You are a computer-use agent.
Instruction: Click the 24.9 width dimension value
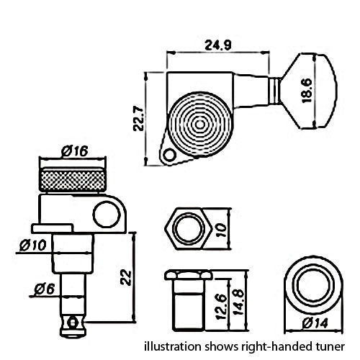[x=218, y=45]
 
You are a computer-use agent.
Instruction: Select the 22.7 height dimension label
[x=138, y=119]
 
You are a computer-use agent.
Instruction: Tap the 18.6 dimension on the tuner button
[x=307, y=91]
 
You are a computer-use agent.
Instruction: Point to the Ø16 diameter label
[x=75, y=151]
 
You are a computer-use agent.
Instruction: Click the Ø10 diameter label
[x=33, y=246]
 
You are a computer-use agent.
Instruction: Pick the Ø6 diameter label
[x=45, y=289]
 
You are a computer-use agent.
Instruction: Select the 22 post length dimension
[x=126, y=278]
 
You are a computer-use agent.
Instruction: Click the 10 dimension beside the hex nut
[x=222, y=230]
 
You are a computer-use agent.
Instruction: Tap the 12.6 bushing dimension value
[x=221, y=307]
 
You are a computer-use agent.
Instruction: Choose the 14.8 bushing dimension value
[x=238, y=302]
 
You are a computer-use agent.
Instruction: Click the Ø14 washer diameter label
[x=315, y=323]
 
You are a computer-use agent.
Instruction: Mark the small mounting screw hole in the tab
[x=170, y=155]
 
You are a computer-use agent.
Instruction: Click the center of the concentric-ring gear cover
[x=199, y=125]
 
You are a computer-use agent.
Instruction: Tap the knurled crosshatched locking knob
[x=73, y=179]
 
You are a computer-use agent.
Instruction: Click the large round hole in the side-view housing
[x=106, y=215]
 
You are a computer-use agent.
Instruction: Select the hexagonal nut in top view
[x=189, y=229]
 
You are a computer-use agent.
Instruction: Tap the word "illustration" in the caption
[x=173, y=346]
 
